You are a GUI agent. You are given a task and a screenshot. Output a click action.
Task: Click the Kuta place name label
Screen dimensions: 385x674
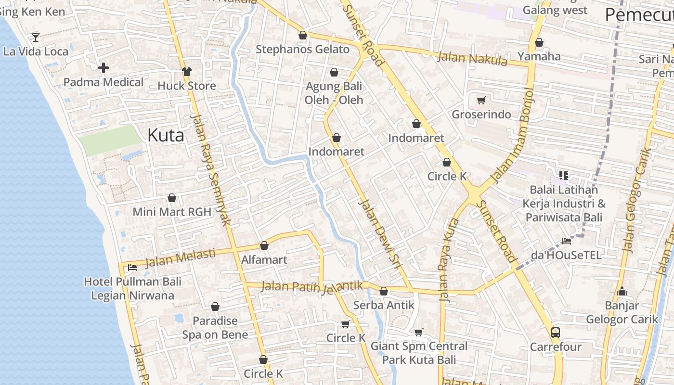[166, 135]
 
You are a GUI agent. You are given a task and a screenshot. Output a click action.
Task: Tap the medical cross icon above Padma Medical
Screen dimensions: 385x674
[104, 68]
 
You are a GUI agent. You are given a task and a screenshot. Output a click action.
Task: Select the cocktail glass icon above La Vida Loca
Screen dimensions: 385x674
[36, 37]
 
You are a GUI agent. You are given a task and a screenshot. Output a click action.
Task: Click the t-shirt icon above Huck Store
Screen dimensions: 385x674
[187, 72]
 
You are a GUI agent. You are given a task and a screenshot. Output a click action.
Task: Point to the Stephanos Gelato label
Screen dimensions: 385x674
[302, 49]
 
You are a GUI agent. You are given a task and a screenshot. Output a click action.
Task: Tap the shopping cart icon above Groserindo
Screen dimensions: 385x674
[481, 101]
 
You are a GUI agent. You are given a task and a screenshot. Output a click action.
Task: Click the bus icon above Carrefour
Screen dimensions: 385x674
[556, 332]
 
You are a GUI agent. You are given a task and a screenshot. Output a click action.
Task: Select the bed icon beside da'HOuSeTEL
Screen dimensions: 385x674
[567, 241]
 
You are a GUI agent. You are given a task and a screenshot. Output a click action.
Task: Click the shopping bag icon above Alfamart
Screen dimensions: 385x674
[264, 246]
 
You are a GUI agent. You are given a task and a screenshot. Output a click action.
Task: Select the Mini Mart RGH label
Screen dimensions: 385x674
[172, 212]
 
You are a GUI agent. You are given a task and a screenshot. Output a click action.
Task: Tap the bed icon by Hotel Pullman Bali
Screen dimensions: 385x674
[132, 268]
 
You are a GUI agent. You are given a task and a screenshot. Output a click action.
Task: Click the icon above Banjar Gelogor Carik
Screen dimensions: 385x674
[622, 291]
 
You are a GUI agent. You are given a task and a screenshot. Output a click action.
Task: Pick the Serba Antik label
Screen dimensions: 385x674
[383, 305]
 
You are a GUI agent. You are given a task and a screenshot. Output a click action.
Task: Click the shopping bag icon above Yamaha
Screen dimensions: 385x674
[539, 42]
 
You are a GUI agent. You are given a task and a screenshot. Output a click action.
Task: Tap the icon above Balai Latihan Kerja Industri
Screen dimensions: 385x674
[564, 175]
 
